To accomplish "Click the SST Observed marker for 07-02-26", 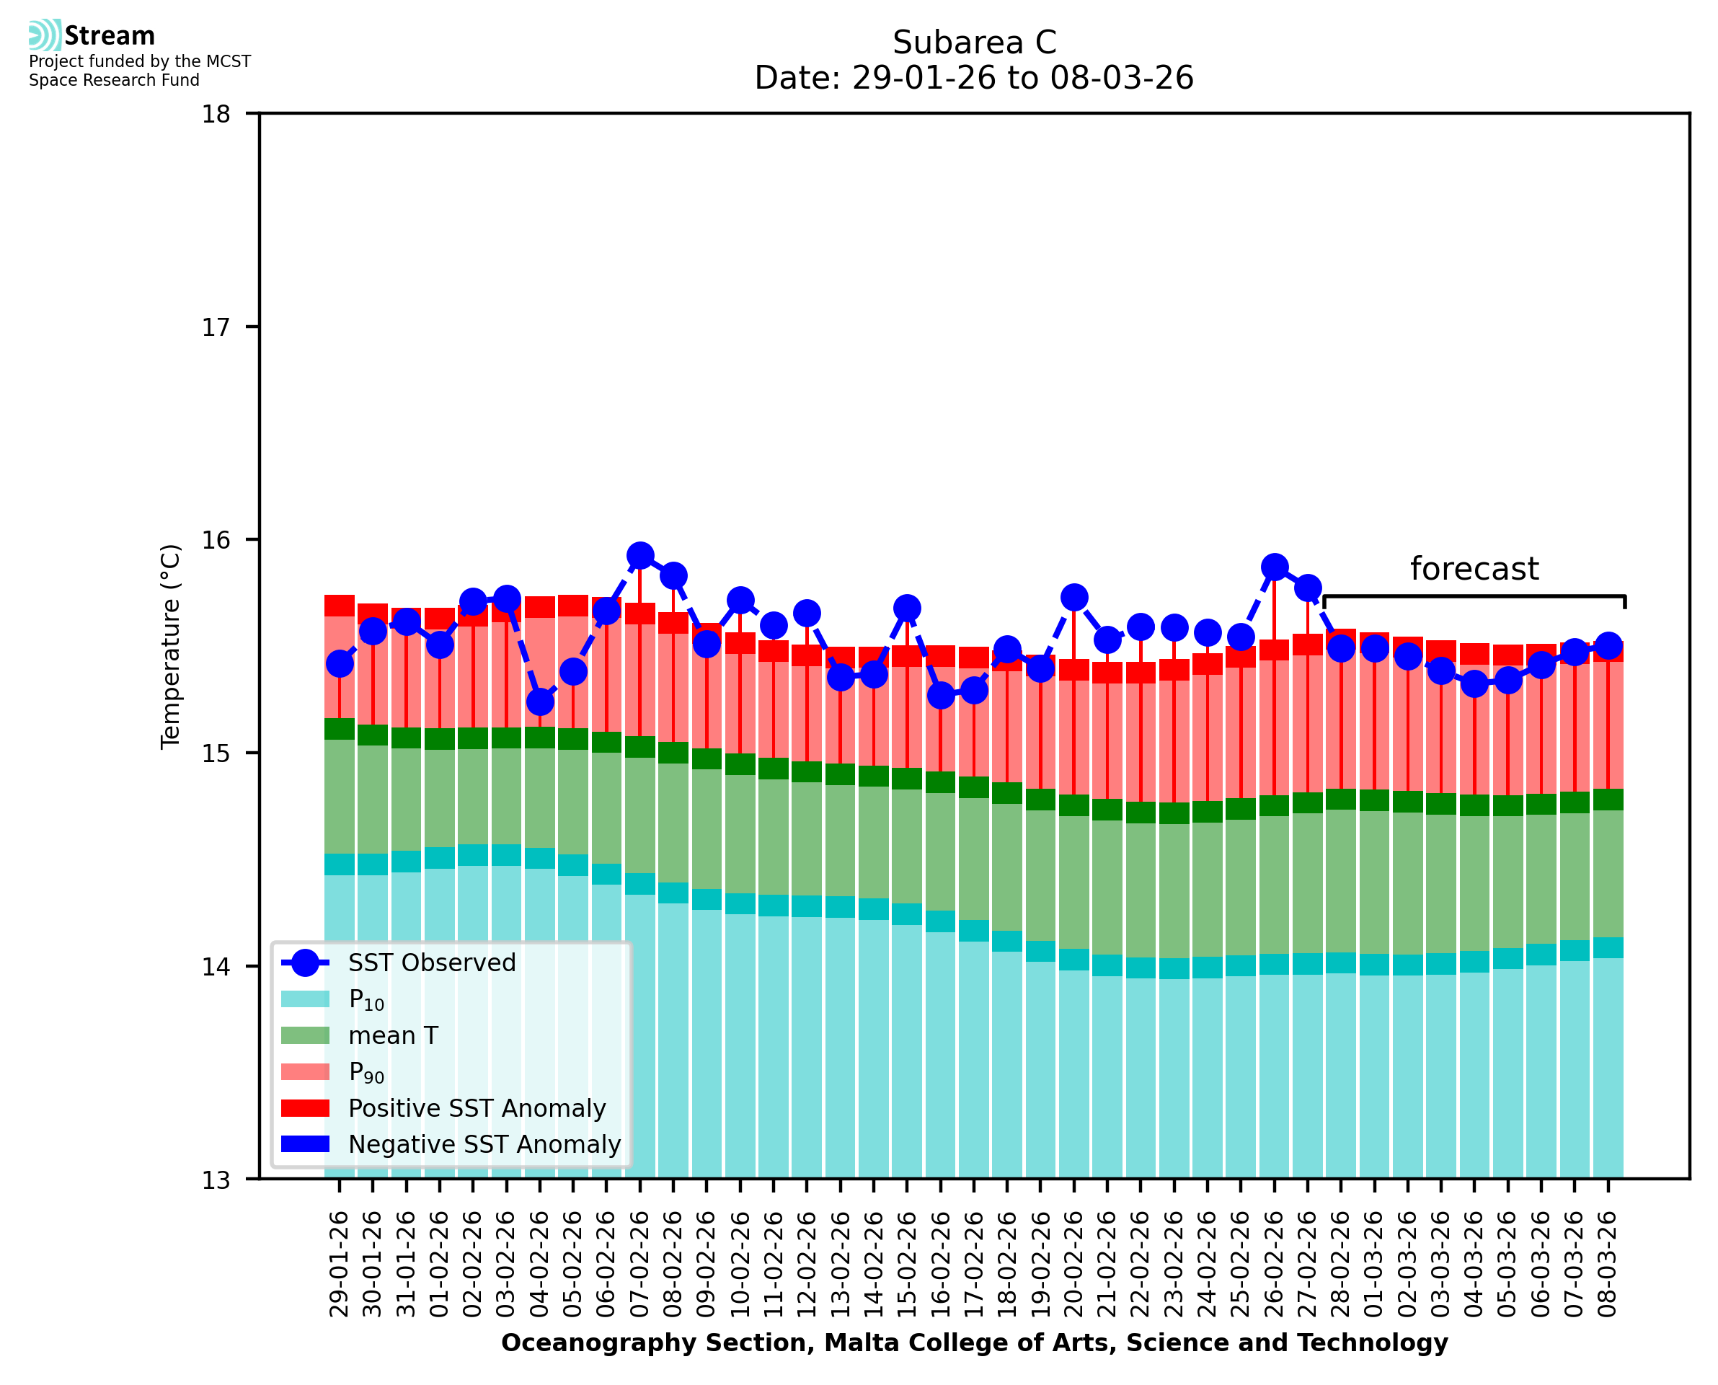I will click(x=639, y=555).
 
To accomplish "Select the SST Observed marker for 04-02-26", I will click(x=540, y=702).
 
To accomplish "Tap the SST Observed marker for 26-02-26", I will click(x=1275, y=567).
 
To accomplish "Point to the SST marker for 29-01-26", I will click(x=340, y=664).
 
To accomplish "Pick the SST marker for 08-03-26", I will click(x=1608, y=645).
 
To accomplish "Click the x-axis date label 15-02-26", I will click(x=907, y=1264).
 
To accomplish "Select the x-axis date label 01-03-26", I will click(x=1374, y=1264).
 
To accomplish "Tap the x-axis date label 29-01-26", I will click(x=340, y=1264).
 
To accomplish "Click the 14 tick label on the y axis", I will click(x=216, y=967).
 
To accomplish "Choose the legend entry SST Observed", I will click(x=432, y=963).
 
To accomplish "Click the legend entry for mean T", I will click(x=393, y=1035).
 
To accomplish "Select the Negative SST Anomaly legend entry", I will click(x=484, y=1144).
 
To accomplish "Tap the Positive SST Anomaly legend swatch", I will click(x=305, y=1108).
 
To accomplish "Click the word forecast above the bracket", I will click(x=1474, y=569).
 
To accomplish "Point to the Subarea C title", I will click(x=974, y=43).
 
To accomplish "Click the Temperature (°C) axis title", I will click(x=171, y=646).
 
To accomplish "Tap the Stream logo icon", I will click(x=45, y=35).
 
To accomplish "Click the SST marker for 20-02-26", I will click(x=1074, y=598).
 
